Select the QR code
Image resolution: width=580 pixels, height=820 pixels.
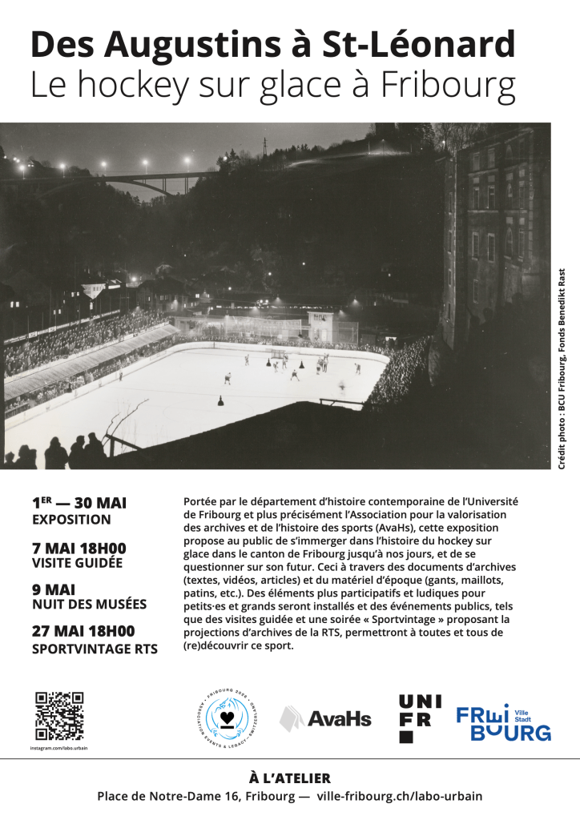click(59, 716)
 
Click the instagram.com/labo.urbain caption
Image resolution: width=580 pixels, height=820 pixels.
click(59, 747)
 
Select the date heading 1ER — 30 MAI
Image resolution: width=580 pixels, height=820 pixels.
click(79, 504)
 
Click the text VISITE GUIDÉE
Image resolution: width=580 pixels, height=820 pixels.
click(77, 563)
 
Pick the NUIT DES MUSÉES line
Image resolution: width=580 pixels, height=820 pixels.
click(89, 605)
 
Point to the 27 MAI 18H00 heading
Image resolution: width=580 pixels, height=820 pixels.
click(83, 631)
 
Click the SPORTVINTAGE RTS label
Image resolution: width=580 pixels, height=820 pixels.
click(95, 649)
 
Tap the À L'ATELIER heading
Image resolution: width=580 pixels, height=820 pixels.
click(290, 778)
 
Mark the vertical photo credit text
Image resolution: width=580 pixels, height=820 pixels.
click(562, 368)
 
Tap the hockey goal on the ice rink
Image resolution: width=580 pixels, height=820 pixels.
click(277, 352)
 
